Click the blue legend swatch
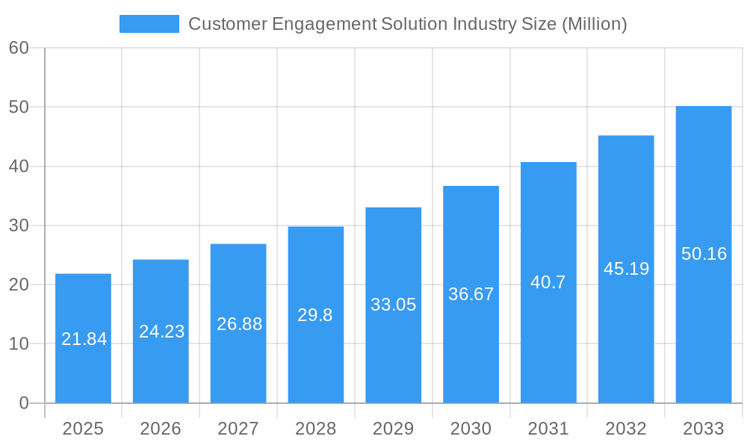(x=149, y=24)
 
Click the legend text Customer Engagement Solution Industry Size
(x=407, y=24)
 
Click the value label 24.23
(x=161, y=332)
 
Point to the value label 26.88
(x=239, y=324)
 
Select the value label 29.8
(x=315, y=315)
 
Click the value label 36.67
(x=471, y=294)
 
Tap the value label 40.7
(x=548, y=282)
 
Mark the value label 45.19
(x=626, y=269)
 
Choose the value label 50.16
(x=704, y=254)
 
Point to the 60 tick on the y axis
(x=19, y=48)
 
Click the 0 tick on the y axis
(x=23, y=403)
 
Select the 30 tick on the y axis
(x=19, y=225)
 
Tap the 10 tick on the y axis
(x=19, y=344)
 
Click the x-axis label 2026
(x=161, y=429)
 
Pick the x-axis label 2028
(x=316, y=429)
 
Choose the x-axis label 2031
(x=548, y=429)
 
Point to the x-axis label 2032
(x=626, y=429)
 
